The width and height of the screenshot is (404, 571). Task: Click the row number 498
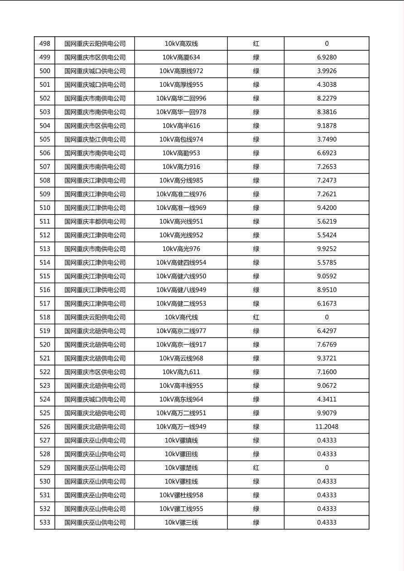click(x=45, y=44)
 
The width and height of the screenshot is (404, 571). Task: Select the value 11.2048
click(x=327, y=427)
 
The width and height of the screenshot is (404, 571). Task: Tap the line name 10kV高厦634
click(x=181, y=57)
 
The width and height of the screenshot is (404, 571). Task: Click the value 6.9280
click(x=327, y=57)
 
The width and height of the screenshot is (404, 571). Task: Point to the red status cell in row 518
click(x=256, y=317)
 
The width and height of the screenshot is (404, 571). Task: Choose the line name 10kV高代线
click(x=181, y=317)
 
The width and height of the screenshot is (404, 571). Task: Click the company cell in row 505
click(x=95, y=139)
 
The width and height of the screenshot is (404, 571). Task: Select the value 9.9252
click(x=327, y=249)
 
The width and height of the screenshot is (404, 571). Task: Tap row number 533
click(x=45, y=523)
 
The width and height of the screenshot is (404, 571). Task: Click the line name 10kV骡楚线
click(x=181, y=468)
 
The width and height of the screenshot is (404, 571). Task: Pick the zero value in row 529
click(x=327, y=468)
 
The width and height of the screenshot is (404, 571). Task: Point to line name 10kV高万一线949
click(x=181, y=427)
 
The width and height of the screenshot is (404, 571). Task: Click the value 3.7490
click(x=327, y=139)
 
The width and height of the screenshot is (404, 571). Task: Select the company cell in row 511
click(x=95, y=222)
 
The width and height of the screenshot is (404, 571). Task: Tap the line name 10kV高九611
click(x=181, y=372)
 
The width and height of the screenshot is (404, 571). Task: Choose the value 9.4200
click(x=327, y=208)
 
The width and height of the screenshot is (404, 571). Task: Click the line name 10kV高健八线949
click(x=181, y=290)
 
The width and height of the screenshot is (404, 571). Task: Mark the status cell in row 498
click(x=256, y=44)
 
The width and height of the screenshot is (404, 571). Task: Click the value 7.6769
click(x=327, y=345)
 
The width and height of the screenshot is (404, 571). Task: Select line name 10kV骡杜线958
click(x=181, y=495)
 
